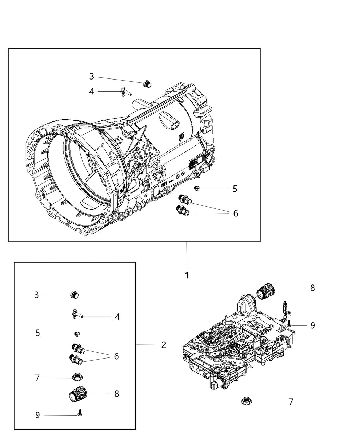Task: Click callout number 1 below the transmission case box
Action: point(187,275)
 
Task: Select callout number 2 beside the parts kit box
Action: point(164,345)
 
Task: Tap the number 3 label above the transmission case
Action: point(92,76)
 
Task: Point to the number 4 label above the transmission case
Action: point(92,92)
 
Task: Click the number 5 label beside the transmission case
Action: point(235,189)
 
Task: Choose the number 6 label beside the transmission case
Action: point(236,213)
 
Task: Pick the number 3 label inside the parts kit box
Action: point(37,295)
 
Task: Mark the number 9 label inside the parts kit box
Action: point(38,415)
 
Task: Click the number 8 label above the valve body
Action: point(312,288)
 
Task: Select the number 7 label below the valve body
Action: point(291,402)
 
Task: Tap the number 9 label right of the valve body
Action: point(312,325)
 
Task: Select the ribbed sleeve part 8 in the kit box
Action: point(79,394)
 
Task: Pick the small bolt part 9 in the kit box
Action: point(80,413)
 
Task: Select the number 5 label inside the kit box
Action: point(38,333)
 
